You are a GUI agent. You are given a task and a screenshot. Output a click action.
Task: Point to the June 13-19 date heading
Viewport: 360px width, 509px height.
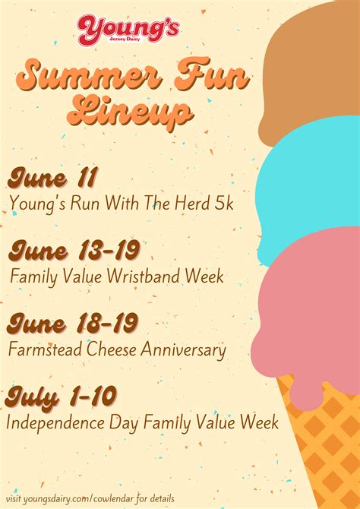(x=74, y=251)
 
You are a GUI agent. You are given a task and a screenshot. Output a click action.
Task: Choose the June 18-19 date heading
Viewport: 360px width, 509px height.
(x=73, y=324)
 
